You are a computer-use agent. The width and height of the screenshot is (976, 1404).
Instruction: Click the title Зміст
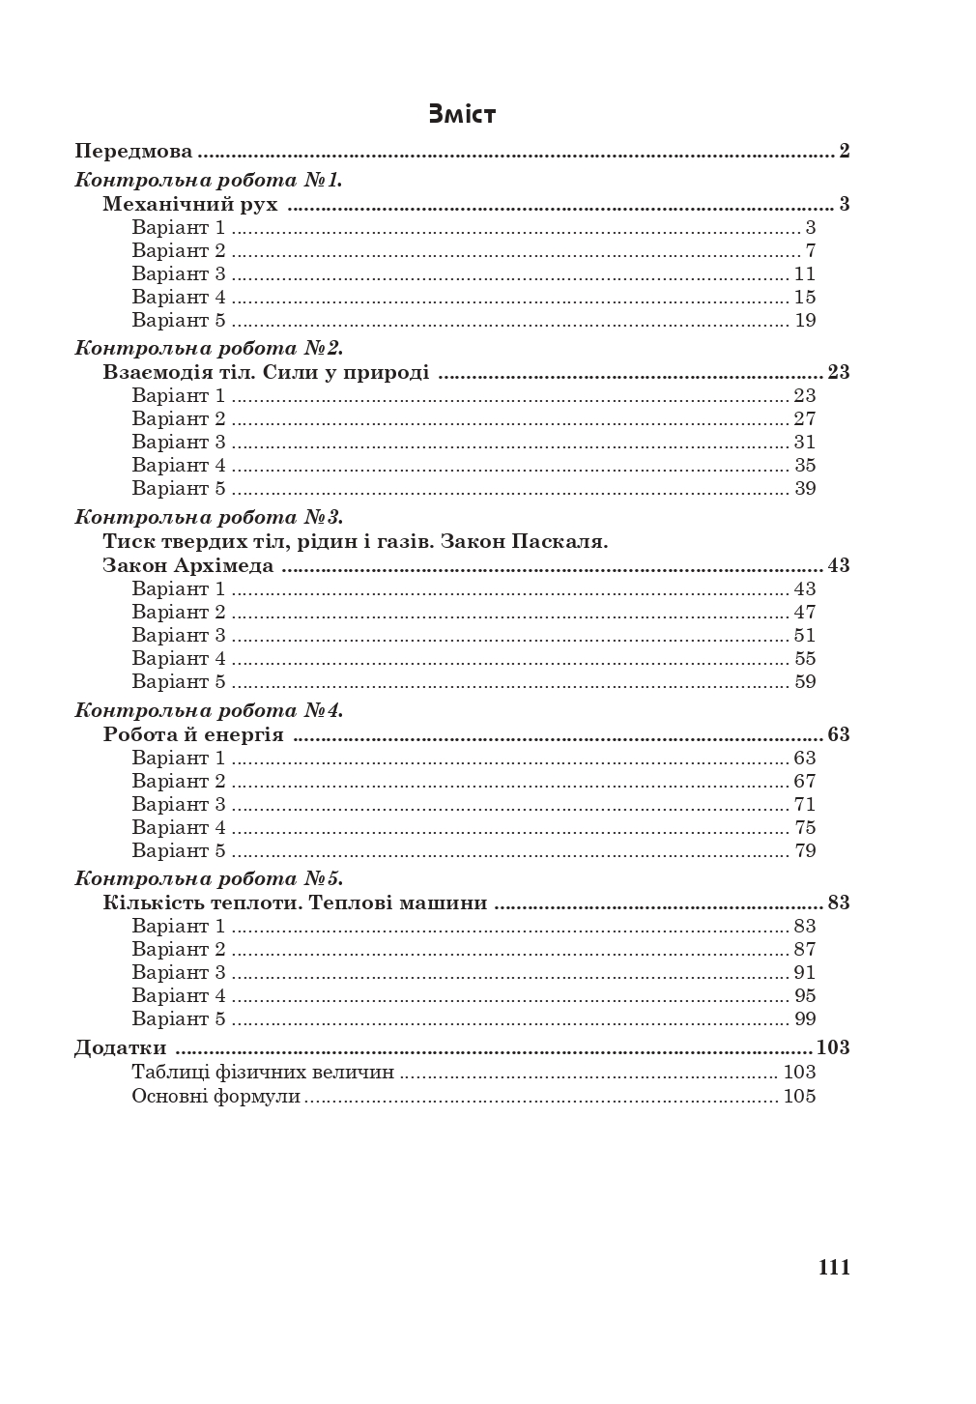coord(462,114)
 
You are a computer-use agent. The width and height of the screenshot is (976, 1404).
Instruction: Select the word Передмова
coord(133,152)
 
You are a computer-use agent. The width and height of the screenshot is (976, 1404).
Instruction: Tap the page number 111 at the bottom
coord(834,1268)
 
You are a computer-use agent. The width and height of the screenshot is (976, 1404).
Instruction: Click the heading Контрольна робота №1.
coord(209,180)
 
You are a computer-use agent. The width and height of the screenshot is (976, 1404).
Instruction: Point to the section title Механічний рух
coord(190,204)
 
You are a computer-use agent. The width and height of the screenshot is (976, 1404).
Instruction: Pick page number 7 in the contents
coord(811,251)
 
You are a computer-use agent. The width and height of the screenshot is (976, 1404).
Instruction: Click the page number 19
coord(805,321)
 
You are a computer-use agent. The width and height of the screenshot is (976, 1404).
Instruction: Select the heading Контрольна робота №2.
coord(209,348)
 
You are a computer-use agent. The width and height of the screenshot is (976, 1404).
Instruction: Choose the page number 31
coord(805,443)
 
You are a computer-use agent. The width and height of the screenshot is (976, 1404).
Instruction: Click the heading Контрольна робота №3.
coord(209,517)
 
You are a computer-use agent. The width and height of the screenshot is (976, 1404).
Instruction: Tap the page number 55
coord(805,659)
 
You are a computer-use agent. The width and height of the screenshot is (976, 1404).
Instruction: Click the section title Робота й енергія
coord(193,734)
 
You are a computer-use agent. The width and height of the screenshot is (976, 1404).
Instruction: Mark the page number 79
coord(805,851)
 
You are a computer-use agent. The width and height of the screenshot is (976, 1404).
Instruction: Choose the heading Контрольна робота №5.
coord(209,879)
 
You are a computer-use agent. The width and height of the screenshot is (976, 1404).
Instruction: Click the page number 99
coord(805,1019)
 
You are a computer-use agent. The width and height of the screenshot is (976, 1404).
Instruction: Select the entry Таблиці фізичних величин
coord(263,1073)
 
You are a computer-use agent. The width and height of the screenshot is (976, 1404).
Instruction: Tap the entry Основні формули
coord(216,1097)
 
